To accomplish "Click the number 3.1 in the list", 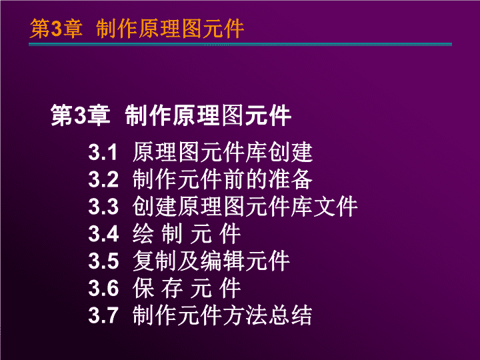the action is click(103, 152).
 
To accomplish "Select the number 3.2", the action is click(103, 179).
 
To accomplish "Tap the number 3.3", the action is click(103, 207).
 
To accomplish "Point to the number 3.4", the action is click(103, 234).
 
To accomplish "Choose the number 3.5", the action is click(103, 261).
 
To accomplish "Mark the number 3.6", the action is click(103, 289).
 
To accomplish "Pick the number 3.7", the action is click(103, 315).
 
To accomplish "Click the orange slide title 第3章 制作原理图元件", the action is click(137, 29).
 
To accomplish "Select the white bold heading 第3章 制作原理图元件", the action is click(171, 115).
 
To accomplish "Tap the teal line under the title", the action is click(240, 45).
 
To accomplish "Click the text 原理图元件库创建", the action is click(223, 152).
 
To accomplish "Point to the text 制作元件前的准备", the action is click(223, 179).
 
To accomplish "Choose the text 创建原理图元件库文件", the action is click(245, 206).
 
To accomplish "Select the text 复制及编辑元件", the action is click(211, 261).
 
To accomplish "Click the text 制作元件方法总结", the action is click(223, 315).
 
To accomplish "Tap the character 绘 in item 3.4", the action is click(143, 233).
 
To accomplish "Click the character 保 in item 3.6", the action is click(143, 288).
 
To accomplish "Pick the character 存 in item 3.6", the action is click(172, 288).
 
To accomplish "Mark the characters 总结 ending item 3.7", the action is click(291, 315).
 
